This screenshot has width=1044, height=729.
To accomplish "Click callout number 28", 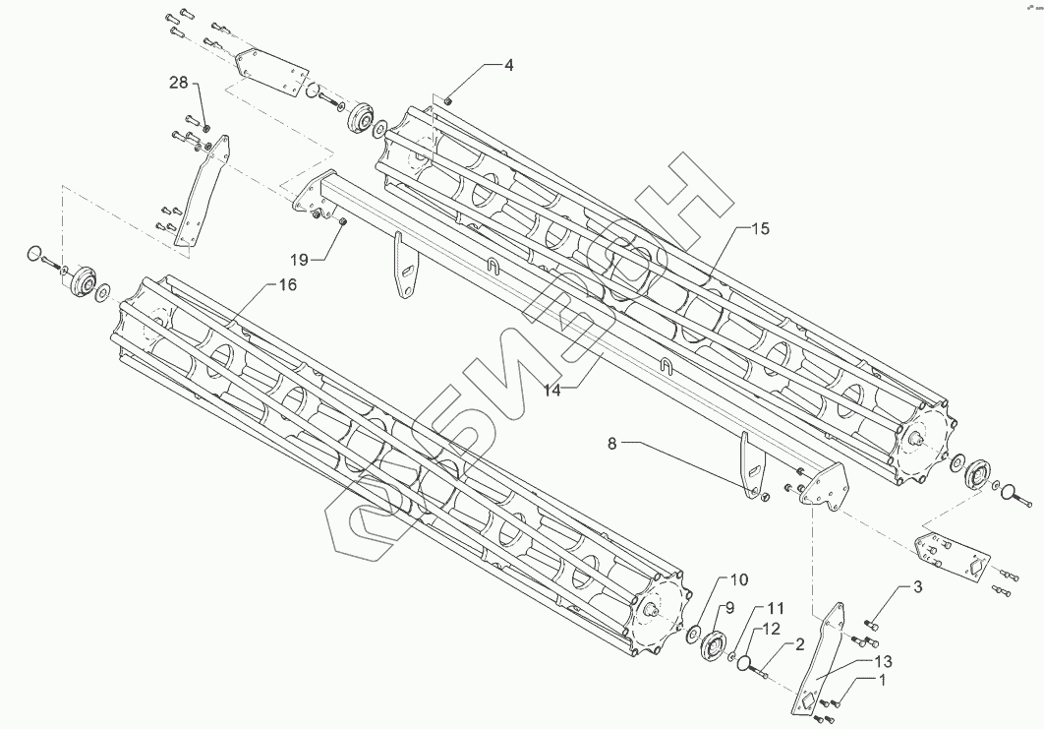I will [178, 83].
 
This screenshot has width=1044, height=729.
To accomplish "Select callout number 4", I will [508, 66].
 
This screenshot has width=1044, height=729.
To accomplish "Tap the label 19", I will [299, 259].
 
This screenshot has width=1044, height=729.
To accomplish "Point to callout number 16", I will [287, 284].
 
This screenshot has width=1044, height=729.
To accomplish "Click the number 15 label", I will [760, 228].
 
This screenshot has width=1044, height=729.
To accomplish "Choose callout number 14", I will [551, 390].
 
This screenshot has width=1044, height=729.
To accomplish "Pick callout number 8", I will [611, 444].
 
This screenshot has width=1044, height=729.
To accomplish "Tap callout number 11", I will [777, 607].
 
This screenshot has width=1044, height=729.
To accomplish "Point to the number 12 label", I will [773, 628].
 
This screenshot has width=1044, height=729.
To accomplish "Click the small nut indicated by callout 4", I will [447, 99].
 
